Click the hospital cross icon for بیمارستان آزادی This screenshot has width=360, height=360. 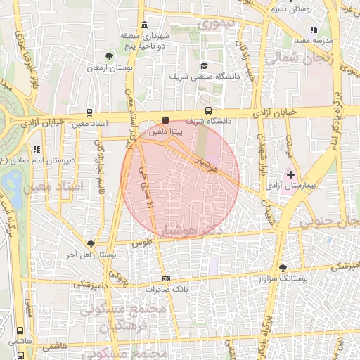click(x=290, y=173)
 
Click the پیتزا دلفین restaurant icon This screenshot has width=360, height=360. click(x=166, y=120)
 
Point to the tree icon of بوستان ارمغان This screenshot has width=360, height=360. click(x=109, y=56)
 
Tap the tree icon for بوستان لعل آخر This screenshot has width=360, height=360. click(x=91, y=243)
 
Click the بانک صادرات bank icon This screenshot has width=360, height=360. click(x=166, y=278)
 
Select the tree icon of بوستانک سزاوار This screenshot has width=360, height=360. click(x=283, y=268)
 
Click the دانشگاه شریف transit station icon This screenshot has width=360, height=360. click(x=208, y=110)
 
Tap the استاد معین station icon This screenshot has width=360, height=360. click(x=89, y=112)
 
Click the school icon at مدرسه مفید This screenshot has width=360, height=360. click(x=313, y=30)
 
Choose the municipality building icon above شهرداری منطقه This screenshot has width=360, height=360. click(x=144, y=25)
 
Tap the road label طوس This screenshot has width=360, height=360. click(x=146, y=242)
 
